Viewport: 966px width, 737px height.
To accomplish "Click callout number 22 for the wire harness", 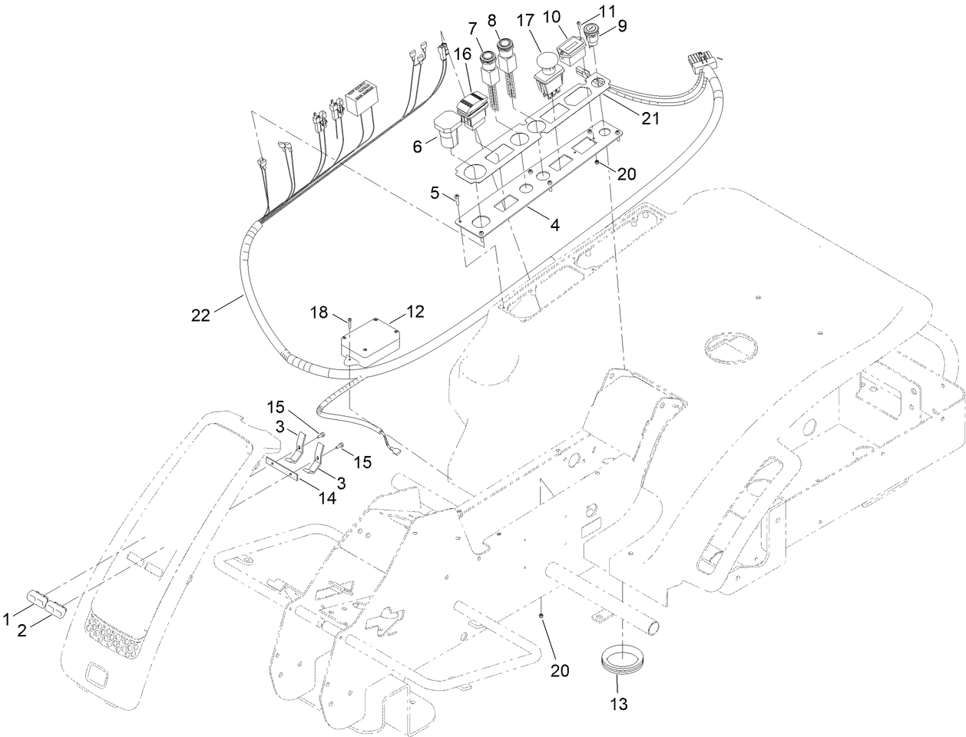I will [200, 315].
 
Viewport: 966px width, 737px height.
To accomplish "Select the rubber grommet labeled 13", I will [622, 659].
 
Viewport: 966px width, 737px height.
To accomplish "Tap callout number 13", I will [619, 702].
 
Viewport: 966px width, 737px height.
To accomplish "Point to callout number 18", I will [319, 312].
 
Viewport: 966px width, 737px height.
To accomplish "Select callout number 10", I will [573, 16].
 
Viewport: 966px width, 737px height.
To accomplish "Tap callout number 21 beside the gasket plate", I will [650, 119].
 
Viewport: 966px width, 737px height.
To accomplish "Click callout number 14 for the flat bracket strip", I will [328, 497].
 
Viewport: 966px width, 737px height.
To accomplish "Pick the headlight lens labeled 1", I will [38, 597].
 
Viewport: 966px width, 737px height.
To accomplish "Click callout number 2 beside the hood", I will [22, 630].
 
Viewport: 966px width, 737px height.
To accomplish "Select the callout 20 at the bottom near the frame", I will [560, 670].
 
